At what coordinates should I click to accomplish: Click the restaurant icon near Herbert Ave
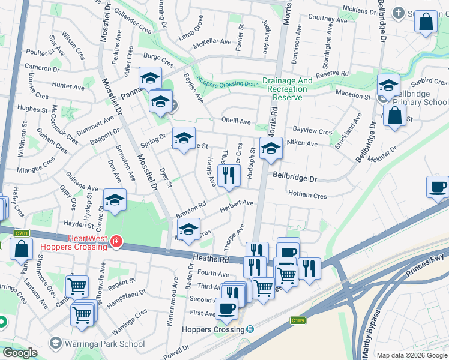pyautogui.click(x=228, y=176)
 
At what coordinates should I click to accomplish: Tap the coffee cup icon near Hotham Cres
pyautogui.click(x=438, y=187)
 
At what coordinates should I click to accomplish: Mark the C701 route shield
pyautogui.click(x=22, y=233)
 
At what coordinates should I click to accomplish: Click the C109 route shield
pyautogui.click(x=298, y=320)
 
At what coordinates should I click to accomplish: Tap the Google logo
pyautogui.click(x=20, y=353)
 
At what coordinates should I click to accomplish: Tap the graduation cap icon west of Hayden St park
pyautogui.click(x=115, y=201)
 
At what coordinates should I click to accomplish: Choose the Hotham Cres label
pyautogui.click(x=307, y=195)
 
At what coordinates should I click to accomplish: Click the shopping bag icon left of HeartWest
pyautogui.click(x=21, y=248)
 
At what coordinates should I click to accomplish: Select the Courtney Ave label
pyautogui.click(x=328, y=19)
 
